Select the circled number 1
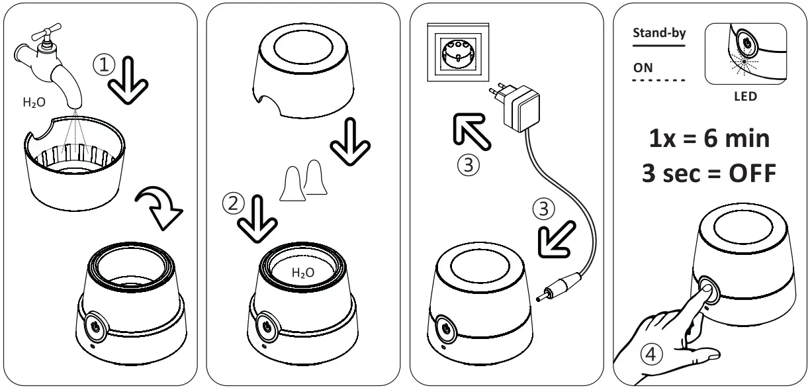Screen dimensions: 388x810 click(104, 65)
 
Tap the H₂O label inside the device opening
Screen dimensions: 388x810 click(303, 272)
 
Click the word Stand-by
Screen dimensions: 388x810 click(659, 33)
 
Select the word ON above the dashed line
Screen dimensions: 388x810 click(643, 68)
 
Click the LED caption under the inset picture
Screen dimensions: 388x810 click(744, 96)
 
